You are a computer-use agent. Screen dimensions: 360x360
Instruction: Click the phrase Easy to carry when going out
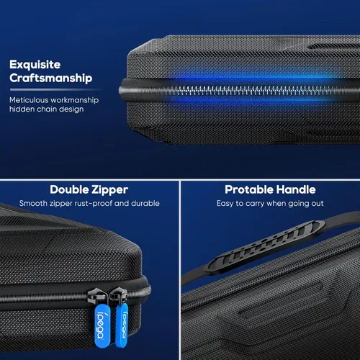point(269,204)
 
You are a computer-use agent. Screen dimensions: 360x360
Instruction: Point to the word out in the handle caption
point(317,204)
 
